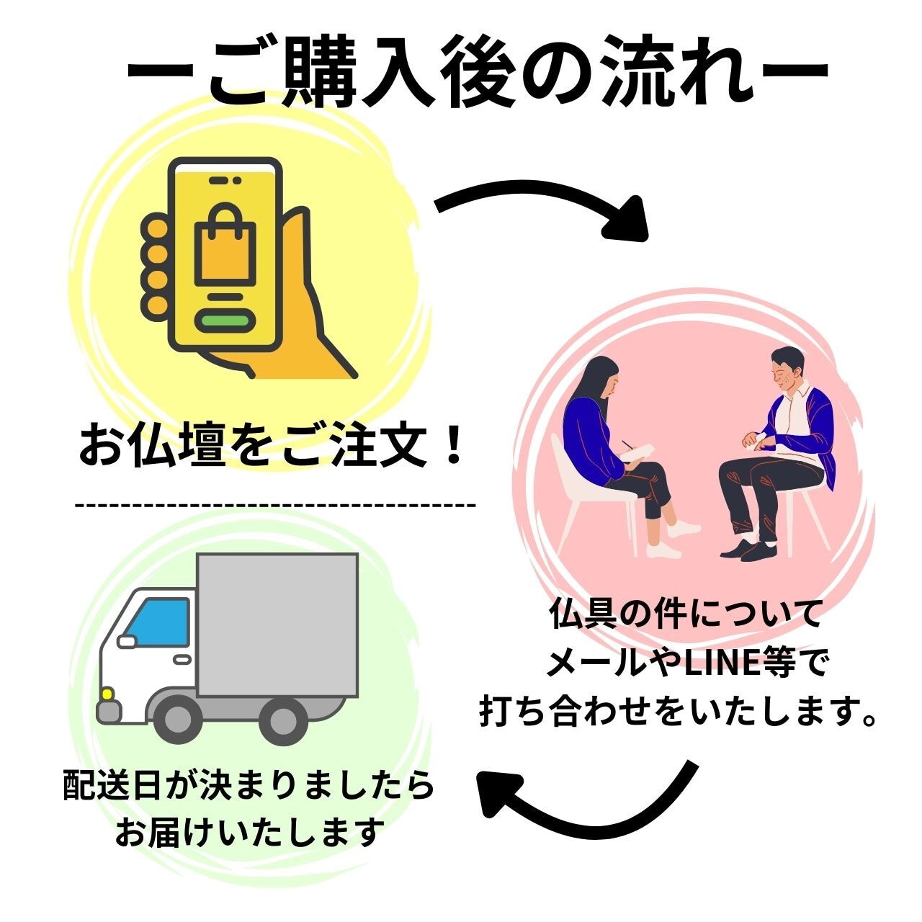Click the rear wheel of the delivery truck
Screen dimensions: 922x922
282,721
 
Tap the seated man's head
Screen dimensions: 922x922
784,368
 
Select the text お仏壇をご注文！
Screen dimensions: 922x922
269,447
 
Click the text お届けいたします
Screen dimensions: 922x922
248,833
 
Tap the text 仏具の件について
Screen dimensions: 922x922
684,617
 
